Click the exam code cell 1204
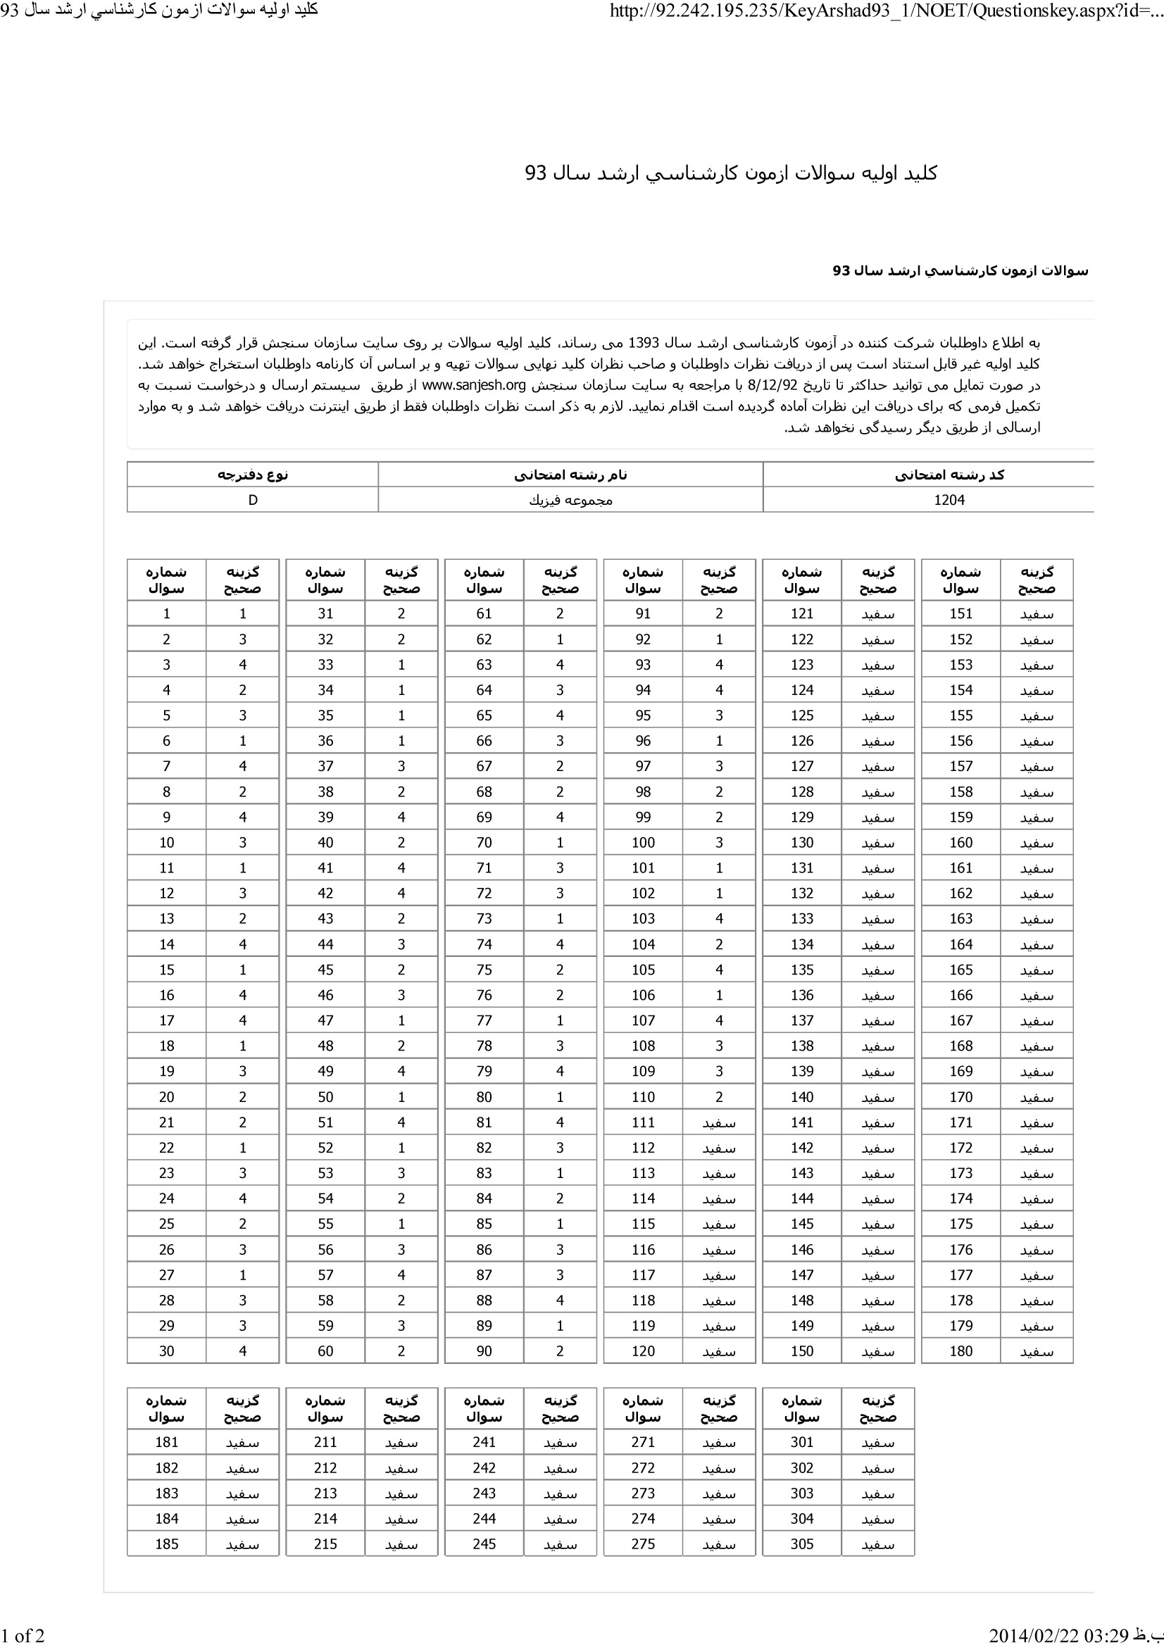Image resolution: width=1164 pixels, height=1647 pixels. pos(949,500)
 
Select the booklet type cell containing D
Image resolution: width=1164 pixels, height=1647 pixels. pos(253,500)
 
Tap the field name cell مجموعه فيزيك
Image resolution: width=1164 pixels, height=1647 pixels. pos(570,500)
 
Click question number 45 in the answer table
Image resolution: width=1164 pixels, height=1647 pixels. pos(325,970)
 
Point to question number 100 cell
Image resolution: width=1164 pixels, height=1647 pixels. pos(644,843)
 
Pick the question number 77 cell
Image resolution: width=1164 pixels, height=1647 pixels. pos(484,1021)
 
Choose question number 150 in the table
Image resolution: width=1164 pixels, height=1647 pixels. pos(802,1351)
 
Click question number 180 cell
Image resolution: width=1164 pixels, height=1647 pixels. pos(961,1351)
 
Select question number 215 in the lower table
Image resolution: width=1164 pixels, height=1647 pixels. pos(325,1543)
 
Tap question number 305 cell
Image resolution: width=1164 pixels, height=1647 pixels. pos(802,1543)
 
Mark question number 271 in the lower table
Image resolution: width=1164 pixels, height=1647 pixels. pos(644,1442)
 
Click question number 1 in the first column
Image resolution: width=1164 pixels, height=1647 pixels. pos(166,613)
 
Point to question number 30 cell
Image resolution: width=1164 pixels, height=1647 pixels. pos(166,1351)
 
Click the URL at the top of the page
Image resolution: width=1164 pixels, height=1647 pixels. pos(886,11)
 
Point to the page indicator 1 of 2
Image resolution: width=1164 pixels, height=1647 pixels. pos(23,1635)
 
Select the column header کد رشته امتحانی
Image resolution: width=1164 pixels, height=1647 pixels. pos(949,475)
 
